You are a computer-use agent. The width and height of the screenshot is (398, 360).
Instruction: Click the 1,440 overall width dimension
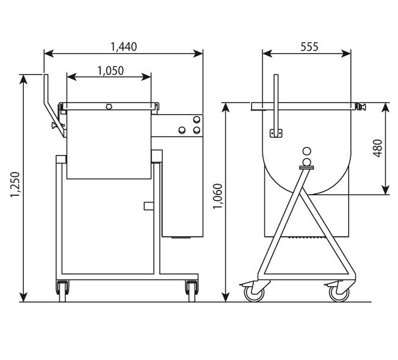[123, 46]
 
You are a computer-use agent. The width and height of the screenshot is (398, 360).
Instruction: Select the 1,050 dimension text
[110, 70]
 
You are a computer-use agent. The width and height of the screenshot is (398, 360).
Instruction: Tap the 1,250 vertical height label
[14, 186]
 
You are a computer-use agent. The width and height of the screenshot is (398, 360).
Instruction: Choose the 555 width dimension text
[309, 46]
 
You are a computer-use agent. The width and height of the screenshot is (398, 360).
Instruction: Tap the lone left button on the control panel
[181, 130]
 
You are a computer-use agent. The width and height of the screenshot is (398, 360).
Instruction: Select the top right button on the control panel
[196, 120]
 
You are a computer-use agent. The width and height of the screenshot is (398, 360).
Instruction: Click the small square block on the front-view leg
[147, 206]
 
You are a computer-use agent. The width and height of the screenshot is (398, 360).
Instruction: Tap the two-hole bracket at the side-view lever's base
[275, 133]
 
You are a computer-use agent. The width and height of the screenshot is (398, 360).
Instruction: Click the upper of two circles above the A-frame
[306, 151]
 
